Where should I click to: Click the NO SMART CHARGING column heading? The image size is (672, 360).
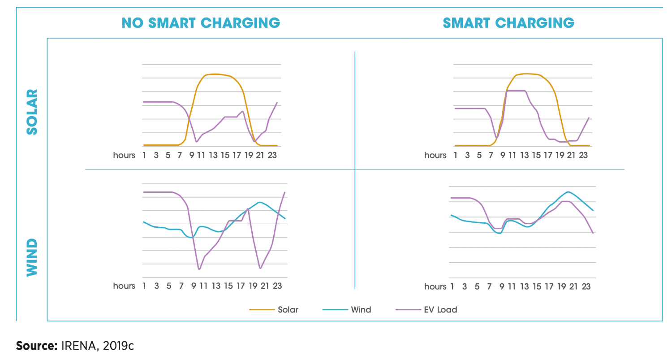[x=201, y=23]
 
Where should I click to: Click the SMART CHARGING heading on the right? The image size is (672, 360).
[x=508, y=23]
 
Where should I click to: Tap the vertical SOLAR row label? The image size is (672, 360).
[x=33, y=112]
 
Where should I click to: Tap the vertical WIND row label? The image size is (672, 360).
[x=33, y=257]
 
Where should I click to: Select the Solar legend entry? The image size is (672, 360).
[x=288, y=309]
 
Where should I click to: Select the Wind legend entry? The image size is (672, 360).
[x=361, y=309]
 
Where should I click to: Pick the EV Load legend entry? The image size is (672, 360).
[x=440, y=309]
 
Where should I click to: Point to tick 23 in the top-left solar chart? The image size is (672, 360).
[x=273, y=155]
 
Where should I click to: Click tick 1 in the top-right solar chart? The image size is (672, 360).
[x=456, y=155]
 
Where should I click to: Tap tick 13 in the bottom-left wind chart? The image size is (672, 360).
[x=216, y=286]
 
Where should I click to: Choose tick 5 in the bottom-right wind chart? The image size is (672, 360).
[x=477, y=286]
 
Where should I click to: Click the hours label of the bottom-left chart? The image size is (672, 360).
[x=124, y=286]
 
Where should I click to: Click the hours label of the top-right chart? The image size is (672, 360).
[x=435, y=155]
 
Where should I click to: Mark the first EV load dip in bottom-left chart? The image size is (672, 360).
[x=199, y=269]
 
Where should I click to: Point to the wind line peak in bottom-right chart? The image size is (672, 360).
[x=568, y=192]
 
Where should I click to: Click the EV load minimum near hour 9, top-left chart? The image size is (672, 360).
[x=196, y=142]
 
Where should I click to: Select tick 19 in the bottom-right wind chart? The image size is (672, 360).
[x=562, y=286]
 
